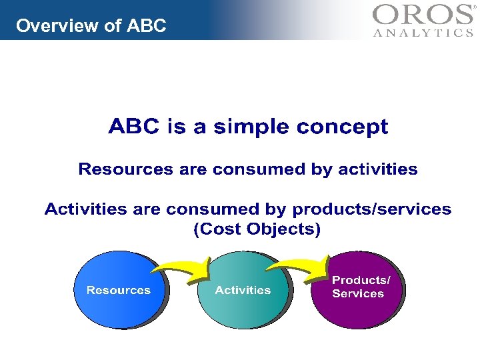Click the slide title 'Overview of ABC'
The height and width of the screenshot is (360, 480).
coord(91,26)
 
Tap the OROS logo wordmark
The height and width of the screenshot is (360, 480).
coord(422,15)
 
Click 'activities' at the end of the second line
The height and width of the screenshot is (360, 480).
coord(378,169)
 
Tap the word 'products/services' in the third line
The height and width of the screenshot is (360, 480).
coord(372,209)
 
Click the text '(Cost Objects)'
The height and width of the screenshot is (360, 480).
coord(257,229)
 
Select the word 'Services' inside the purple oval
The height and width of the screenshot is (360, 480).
coord(358,294)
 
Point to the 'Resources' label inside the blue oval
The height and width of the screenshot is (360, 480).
coord(119,291)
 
